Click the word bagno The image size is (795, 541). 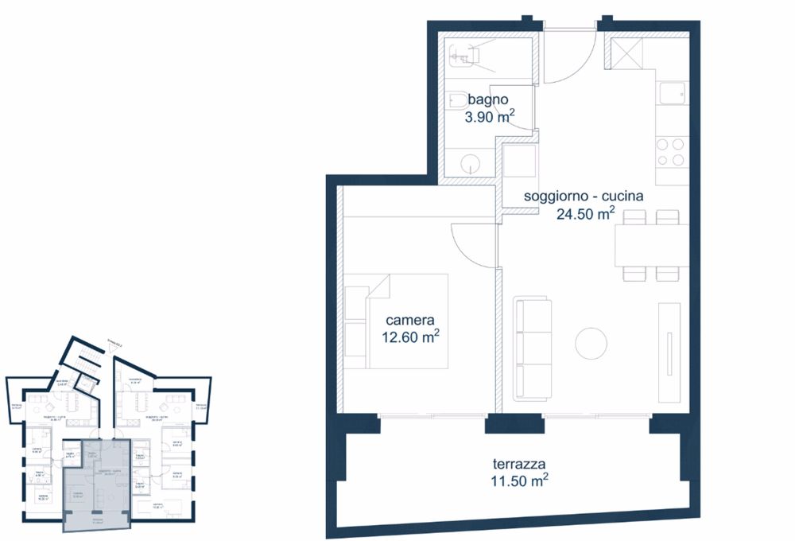point(487,100)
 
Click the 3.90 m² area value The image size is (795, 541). point(489,117)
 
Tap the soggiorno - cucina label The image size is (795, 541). point(584,196)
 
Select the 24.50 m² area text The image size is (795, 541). point(584,213)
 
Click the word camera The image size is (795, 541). point(409,320)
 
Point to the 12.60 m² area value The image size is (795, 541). point(409,337)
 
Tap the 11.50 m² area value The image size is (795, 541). point(519,481)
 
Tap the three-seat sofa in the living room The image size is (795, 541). point(533,348)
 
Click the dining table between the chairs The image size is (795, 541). point(650,245)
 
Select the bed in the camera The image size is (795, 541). point(407,322)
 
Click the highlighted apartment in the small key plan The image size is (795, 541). point(95,485)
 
